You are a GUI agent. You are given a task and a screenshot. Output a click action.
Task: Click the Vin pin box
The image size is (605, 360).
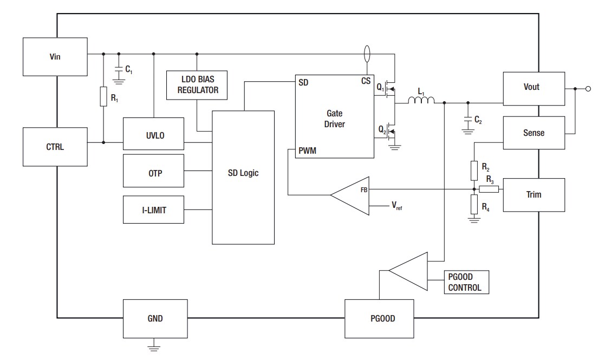pos(55,56)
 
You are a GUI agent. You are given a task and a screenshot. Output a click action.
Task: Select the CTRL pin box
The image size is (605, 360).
pos(55,147)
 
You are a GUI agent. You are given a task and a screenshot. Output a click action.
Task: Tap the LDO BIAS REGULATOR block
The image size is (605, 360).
pos(198,85)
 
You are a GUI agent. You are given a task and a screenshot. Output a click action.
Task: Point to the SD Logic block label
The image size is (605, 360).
pos(243,173)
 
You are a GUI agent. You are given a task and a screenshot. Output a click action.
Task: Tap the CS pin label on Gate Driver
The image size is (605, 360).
pos(366,81)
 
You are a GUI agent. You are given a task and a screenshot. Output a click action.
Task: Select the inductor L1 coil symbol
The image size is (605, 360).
pos(421,101)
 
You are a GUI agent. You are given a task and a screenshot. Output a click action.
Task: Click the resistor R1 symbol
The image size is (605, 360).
pos(103,97)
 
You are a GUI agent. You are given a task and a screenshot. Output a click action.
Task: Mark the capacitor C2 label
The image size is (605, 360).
pos(478,120)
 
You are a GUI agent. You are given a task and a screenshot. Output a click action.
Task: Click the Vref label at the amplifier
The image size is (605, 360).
pos(396,206)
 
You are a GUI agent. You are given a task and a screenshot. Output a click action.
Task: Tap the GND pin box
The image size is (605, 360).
pos(155,319)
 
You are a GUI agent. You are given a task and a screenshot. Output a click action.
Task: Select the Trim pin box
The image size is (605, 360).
pos(534,194)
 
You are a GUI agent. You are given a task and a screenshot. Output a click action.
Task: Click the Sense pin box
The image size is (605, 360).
pos(534,133)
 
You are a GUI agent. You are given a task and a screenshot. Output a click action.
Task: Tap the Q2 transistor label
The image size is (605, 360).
pos(382,130)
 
